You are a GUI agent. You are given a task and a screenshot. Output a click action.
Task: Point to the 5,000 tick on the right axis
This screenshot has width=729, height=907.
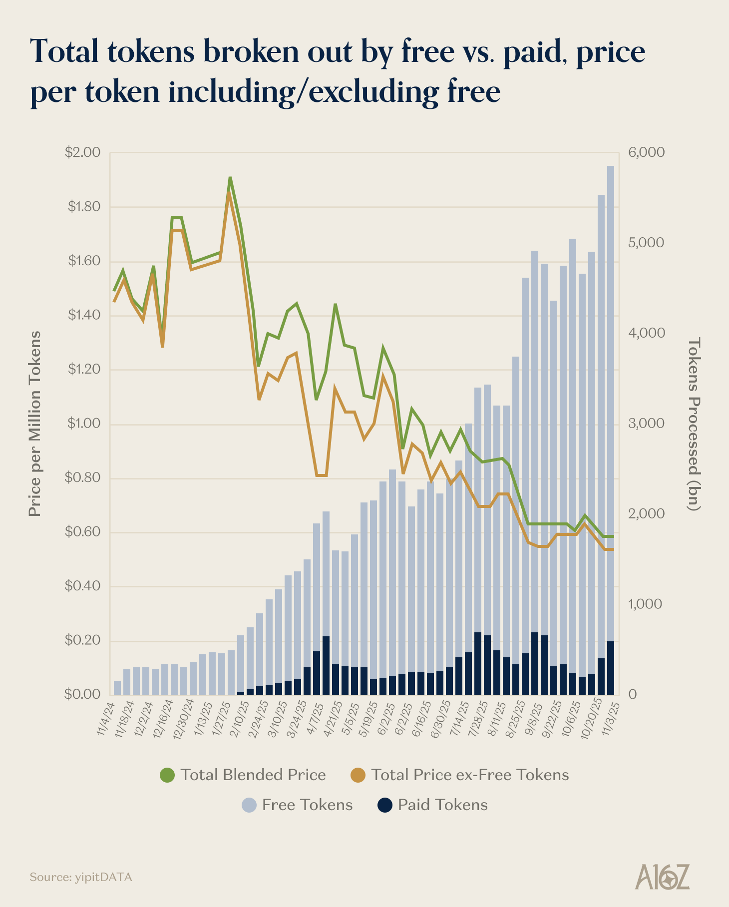(x=646, y=243)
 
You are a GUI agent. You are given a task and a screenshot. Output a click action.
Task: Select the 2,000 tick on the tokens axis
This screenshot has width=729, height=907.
(x=646, y=514)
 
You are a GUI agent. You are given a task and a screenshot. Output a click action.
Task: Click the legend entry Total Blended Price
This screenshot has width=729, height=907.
(x=243, y=775)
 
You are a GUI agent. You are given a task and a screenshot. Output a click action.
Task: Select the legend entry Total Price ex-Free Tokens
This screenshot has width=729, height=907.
(x=460, y=775)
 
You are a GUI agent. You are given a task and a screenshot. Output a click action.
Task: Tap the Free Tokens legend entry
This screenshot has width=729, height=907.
(x=298, y=805)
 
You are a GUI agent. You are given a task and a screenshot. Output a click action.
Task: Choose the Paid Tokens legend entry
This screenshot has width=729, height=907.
(x=432, y=805)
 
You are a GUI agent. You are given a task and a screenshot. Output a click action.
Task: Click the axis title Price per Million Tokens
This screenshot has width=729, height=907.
(x=34, y=424)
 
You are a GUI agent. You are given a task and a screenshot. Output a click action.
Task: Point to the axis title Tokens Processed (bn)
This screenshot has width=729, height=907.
(x=694, y=424)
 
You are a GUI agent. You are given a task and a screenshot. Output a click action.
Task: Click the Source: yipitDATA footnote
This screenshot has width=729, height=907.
(x=81, y=877)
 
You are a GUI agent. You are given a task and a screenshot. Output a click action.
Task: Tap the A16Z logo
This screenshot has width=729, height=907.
(x=663, y=877)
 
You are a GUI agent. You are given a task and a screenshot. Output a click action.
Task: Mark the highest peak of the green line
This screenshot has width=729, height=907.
(x=230, y=178)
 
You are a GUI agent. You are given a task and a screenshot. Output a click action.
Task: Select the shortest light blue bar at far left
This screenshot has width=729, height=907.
(x=117, y=688)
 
